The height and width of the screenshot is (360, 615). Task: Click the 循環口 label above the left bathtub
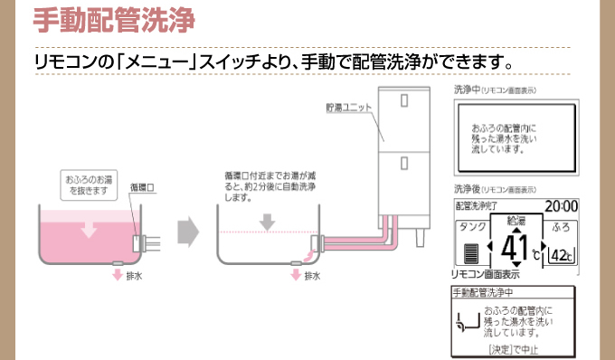(143, 187)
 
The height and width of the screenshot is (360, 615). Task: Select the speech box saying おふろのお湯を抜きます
(87, 184)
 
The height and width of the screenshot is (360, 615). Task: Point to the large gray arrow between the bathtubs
(187, 231)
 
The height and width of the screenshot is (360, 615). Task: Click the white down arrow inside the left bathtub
(88, 230)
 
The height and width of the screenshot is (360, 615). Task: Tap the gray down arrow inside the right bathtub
(266, 221)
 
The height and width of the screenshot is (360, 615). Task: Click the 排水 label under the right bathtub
(309, 274)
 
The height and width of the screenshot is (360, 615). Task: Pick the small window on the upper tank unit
(404, 97)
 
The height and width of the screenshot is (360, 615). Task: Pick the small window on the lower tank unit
(404, 166)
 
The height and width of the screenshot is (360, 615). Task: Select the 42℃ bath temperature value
(561, 255)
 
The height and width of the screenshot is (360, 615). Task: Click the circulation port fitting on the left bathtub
(141, 242)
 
